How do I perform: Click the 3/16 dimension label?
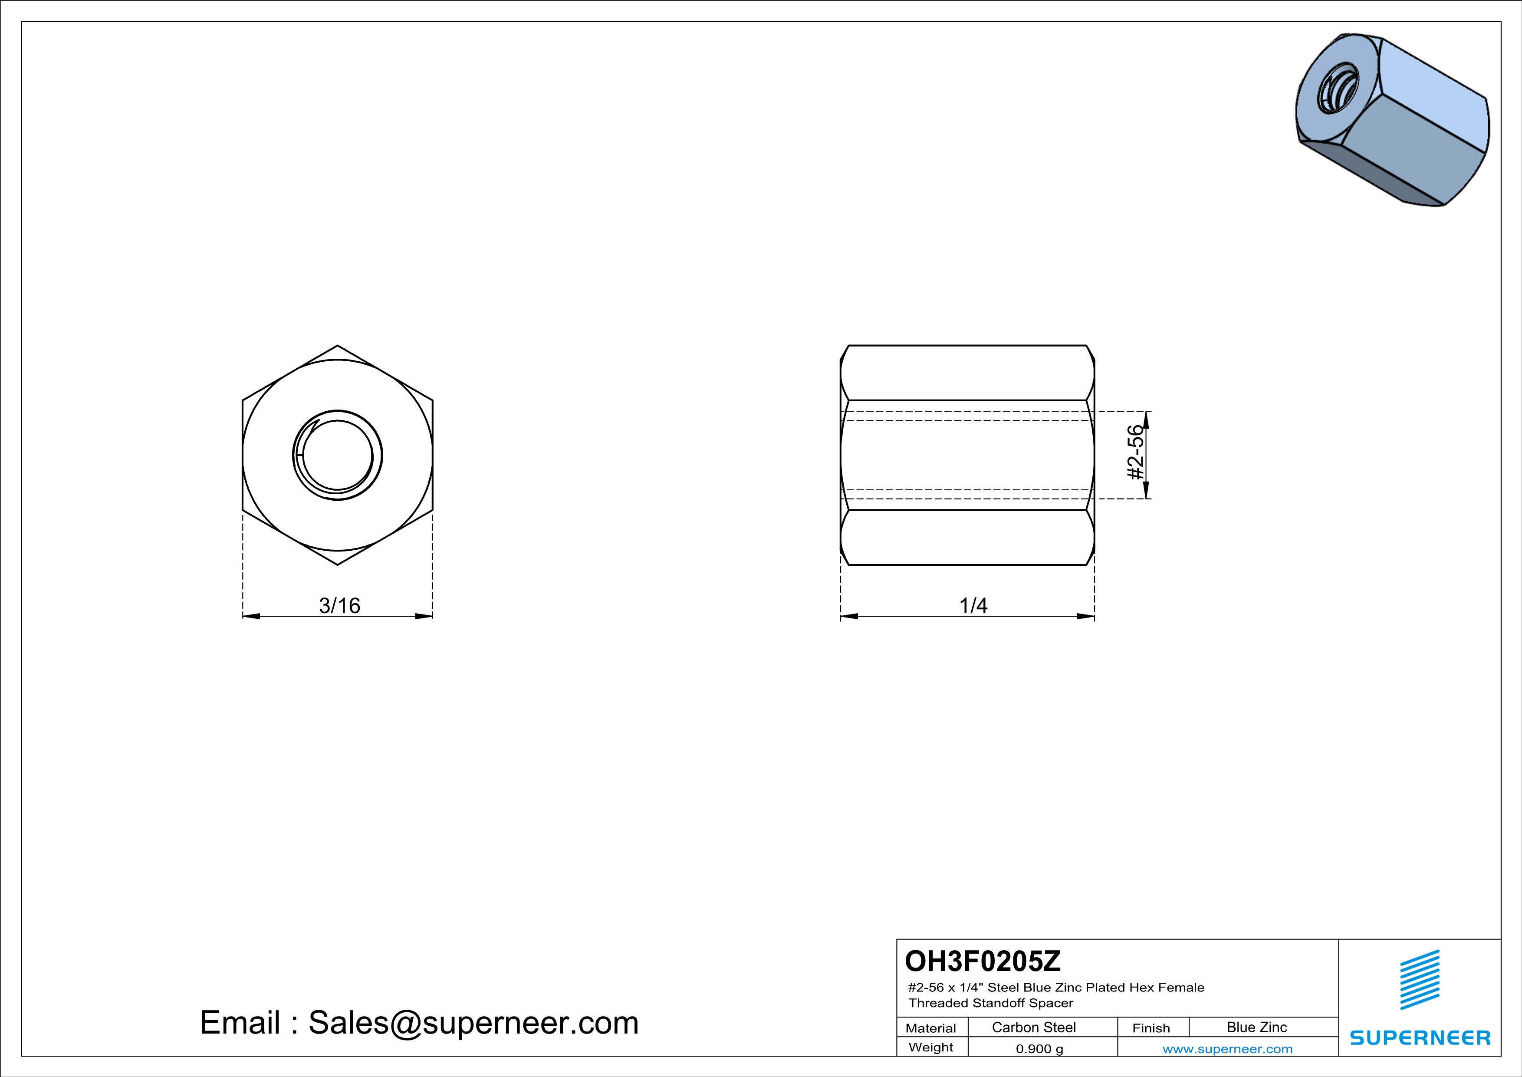[339, 605]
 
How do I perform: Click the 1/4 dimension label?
[973, 605]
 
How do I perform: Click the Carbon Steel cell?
[1033, 1027]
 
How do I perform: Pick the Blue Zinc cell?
[1257, 1027]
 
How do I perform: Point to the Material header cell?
[931, 1028]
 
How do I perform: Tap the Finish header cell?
[1151, 1028]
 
